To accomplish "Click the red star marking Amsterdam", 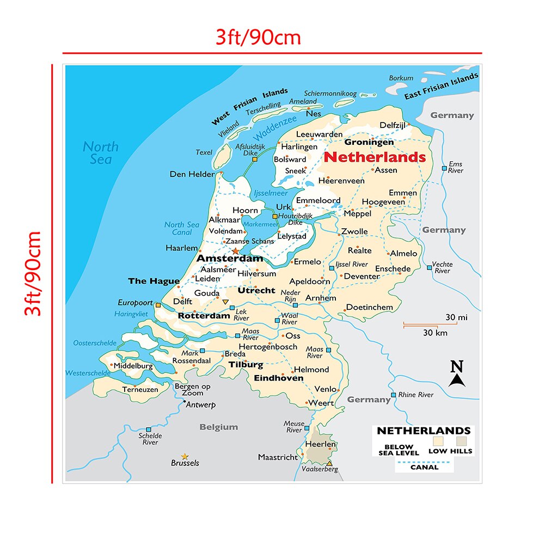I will click(235, 251).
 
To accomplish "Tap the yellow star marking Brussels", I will click(185, 456).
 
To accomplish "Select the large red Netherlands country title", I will click(375, 157).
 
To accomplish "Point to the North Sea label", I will click(101, 152).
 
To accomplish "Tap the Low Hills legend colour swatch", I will click(462, 440).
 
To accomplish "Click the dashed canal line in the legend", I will click(424, 462).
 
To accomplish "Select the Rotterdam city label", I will click(204, 316).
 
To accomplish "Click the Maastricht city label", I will click(278, 457).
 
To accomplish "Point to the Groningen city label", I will click(369, 142).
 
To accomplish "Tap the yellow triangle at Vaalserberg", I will click(329, 463).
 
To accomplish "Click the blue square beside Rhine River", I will click(393, 395).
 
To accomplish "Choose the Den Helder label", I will click(192, 174).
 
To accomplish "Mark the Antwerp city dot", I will click(185, 402).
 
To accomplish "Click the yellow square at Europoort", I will click(158, 305).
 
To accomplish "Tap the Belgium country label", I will click(219, 427).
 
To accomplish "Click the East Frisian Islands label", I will click(441, 87).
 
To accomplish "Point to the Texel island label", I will click(204, 152).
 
